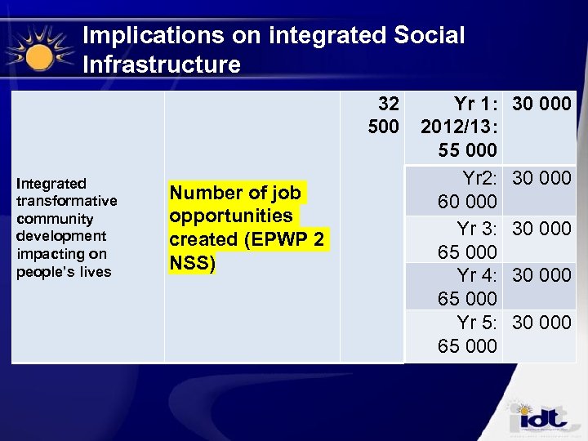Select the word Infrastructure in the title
point(162,65)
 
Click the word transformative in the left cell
point(67,201)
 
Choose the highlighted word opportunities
point(231,216)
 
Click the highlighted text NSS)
point(192,263)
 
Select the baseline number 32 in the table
point(389,105)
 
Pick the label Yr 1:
point(475,105)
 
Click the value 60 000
point(467,202)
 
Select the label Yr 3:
point(477,229)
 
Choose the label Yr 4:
point(477,276)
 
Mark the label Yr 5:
point(477,323)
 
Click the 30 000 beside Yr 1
point(541,105)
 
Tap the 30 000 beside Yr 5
point(541,323)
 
